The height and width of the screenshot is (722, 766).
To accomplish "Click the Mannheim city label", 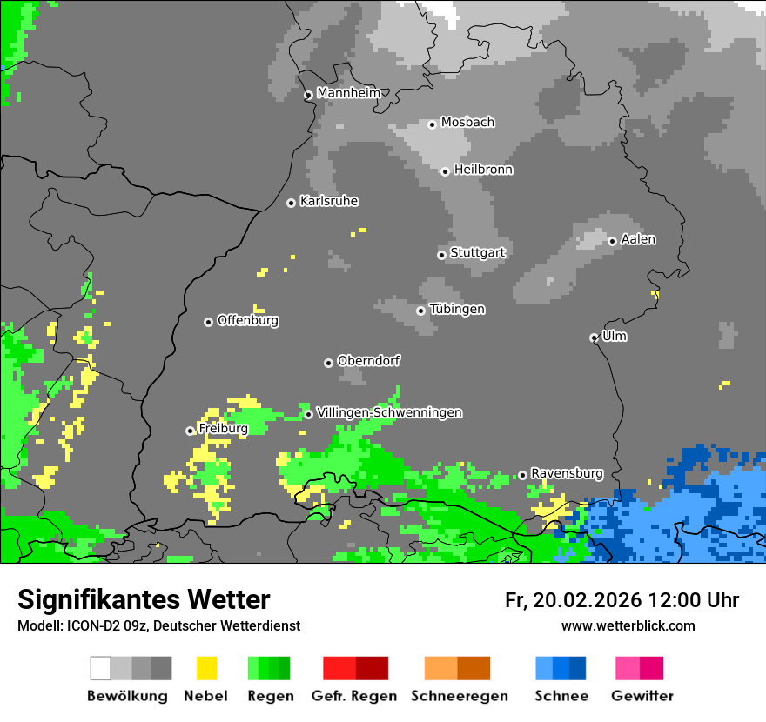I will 348,93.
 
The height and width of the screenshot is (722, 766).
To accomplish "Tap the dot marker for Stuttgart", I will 441,255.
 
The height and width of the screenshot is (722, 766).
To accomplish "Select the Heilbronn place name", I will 483,170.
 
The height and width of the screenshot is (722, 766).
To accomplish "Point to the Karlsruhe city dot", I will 292,204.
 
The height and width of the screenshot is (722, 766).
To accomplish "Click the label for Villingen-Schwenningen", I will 389,412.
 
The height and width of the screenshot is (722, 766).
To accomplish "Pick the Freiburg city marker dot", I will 190,431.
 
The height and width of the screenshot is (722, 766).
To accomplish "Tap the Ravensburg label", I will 567,473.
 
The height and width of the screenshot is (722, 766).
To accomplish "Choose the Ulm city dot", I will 594,338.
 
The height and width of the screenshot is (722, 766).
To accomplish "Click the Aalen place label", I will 638,239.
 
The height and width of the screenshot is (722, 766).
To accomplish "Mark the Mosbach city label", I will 467,123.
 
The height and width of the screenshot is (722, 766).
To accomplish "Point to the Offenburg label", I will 248,320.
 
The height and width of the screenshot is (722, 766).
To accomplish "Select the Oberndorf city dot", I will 328,363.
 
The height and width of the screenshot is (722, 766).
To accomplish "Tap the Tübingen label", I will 457,310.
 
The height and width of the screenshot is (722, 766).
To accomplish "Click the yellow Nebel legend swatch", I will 206,668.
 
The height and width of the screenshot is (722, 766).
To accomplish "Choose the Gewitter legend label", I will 642,696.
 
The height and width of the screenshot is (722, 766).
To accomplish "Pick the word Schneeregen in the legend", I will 460,696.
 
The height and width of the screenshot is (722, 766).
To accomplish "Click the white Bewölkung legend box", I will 101,668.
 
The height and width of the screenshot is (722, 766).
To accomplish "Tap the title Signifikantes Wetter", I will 144,599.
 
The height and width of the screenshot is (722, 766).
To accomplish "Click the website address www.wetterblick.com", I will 628,625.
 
